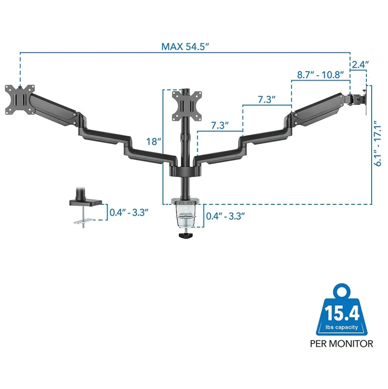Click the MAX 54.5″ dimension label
tap(185, 46)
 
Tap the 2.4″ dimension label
tap(360, 64)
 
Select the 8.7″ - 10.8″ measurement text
tap(320, 75)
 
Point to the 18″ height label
tap(154, 141)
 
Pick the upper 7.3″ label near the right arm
tap(267, 100)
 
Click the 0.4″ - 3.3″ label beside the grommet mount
tap(129, 212)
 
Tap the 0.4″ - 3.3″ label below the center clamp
tap(225, 216)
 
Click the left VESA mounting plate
tap(19, 99)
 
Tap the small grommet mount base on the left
tap(85, 203)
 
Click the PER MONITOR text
tap(341, 343)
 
